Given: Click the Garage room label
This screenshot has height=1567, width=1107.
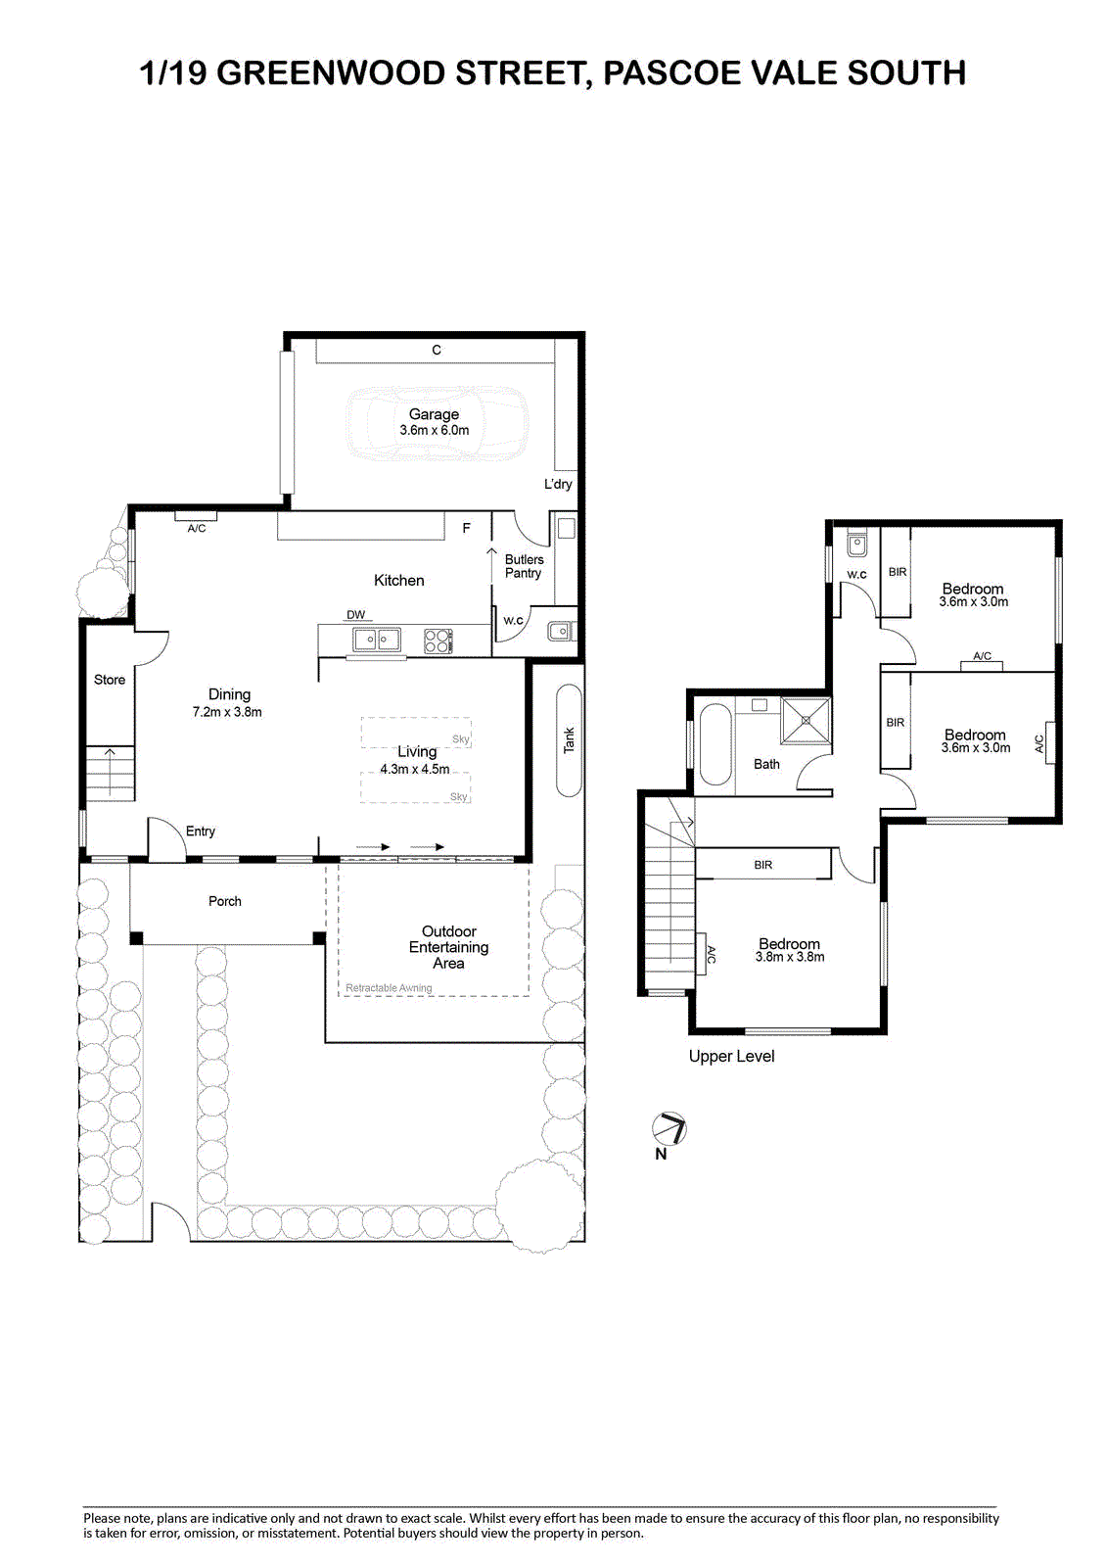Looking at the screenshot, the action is pos(434,414).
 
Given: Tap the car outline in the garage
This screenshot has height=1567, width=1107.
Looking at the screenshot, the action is pos(438,422).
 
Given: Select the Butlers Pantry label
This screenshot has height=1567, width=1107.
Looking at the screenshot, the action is pos(523,566).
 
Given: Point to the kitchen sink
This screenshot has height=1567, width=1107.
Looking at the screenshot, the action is pos(377,641).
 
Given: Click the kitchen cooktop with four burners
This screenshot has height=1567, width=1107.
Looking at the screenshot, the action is pos(438,641).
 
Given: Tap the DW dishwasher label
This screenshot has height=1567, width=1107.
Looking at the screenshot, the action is pos(356,615).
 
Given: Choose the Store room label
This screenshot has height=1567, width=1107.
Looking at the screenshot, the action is pos(110,680).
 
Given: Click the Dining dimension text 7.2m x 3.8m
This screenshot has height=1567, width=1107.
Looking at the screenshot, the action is pos(227,712).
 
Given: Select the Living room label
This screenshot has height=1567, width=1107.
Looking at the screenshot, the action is pos(417,751).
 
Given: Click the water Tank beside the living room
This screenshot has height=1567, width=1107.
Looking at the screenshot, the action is pos(569,740).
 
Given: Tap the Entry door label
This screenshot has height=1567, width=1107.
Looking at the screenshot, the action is pos(200,831).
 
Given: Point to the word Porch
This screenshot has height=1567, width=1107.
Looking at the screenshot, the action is pos(224,901).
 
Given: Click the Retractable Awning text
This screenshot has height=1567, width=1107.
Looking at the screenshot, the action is pos(389,988).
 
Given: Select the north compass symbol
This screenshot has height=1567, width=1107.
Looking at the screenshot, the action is pos(669,1129).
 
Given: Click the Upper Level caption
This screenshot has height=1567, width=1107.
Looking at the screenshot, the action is pos(731,1057).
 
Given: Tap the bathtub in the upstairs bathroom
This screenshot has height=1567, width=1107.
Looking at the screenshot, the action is pos(715,744).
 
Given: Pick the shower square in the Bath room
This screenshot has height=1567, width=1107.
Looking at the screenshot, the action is pos(806,719).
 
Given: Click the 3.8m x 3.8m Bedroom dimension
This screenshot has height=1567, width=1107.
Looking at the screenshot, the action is pos(790,957).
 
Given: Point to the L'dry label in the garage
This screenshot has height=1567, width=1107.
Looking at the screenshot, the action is pos(558,484).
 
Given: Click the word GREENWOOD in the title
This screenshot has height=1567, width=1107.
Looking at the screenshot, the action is pos(331,72).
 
